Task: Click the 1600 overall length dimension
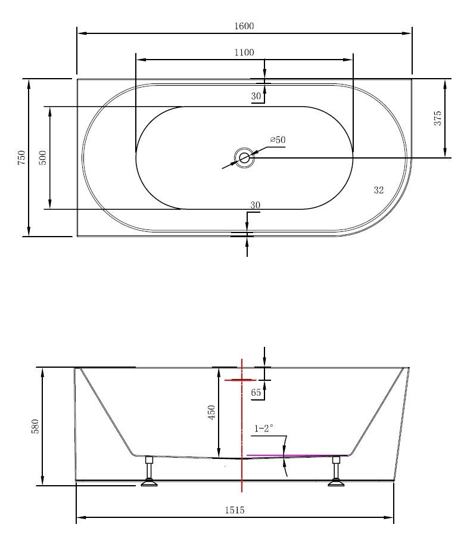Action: tap(244, 26)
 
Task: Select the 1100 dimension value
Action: tap(244, 52)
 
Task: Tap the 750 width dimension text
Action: tap(22, 157)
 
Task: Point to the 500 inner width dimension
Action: tap(43, 157)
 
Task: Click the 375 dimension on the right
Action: tap(437, 118)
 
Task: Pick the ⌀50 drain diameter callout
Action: tap(278, 140)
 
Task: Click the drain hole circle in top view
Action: tap(244, 158)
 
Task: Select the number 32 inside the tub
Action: tap(378, 190)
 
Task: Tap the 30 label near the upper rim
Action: tap(256, 96)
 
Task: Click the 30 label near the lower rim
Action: tap(255, 205)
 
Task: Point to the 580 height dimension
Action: tap(35, 426)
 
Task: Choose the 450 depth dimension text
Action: tap(211, 412)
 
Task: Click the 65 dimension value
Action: tap(256, 392)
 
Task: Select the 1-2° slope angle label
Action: tap(264, 428)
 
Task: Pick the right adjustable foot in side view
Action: tap(337, 472)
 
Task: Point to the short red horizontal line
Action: tap(240, 380)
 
